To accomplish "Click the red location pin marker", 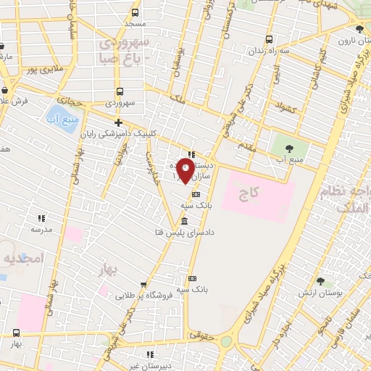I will point(186,170).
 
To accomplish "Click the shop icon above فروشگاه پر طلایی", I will point(143,285).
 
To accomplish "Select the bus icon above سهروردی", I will point(120,92).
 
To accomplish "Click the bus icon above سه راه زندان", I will point(270,39).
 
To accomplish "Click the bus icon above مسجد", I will point(135,12).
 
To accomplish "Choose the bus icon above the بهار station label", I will point(16,333).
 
